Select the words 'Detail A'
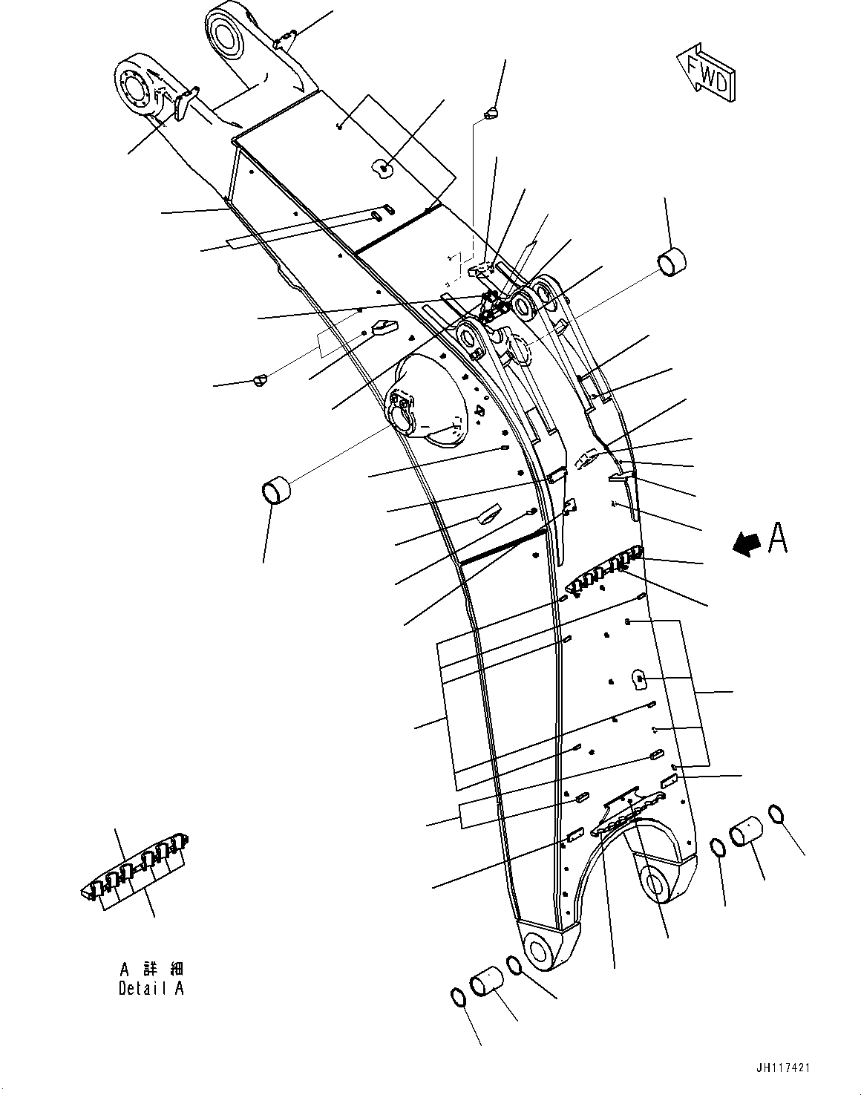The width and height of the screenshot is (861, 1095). point(151,988)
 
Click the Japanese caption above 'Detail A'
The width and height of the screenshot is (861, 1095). point(151,969)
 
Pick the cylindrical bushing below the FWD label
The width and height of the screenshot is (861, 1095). point(672,264)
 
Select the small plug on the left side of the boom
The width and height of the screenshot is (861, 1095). point(258,380)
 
